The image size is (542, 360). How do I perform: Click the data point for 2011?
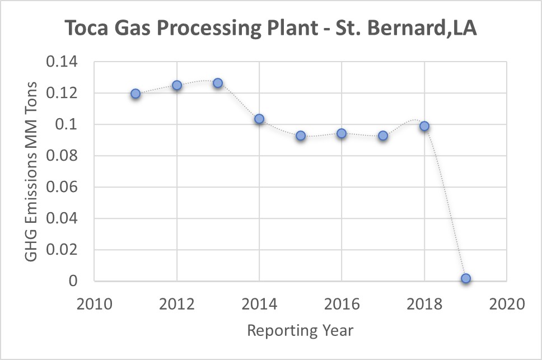click(135, 93)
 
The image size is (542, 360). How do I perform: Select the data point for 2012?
click(177, 85)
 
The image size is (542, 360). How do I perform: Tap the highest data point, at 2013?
click(218, 83)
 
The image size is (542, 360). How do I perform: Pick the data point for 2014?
click(259, 119)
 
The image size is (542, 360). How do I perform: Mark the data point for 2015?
click(301, 135)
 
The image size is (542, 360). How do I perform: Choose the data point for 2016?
click(342, 133)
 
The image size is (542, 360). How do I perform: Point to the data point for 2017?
click(383, 135)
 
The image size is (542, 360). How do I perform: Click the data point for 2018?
click(424, 126)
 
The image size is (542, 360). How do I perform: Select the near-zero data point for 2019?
click(466, 278)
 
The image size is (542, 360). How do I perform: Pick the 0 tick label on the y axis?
click(73, 281)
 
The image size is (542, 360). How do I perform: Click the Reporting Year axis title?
click(300, 330)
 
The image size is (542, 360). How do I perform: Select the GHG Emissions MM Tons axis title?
click(31, 171)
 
